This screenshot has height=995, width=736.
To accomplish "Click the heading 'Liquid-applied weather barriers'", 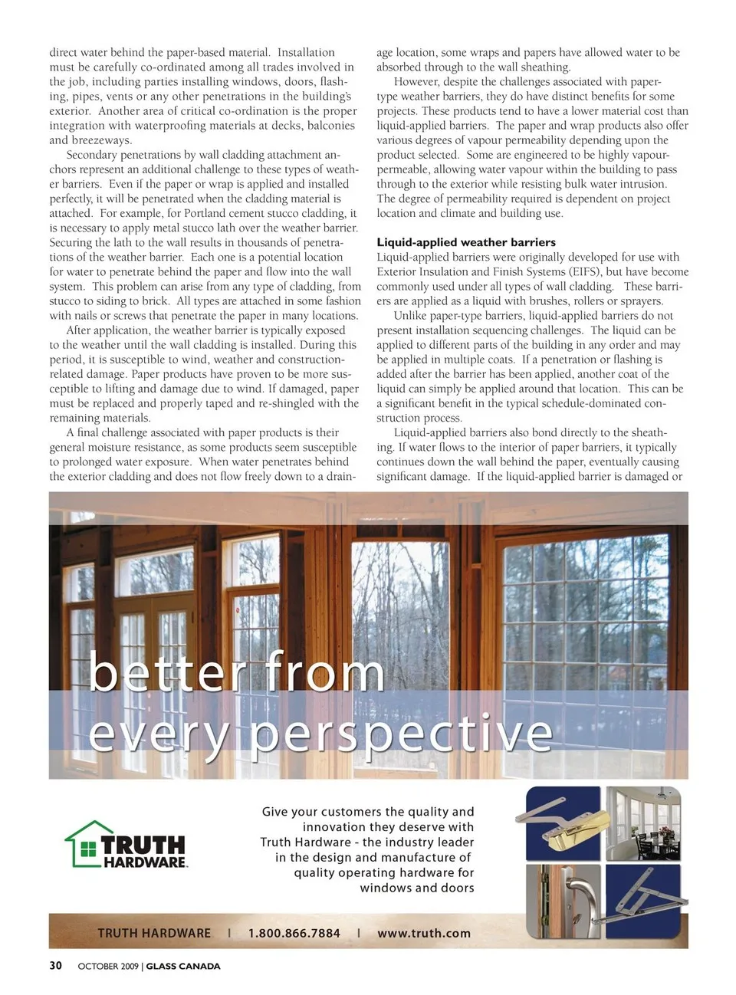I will click(x=466, y=242).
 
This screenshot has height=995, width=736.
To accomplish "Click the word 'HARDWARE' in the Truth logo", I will click(x=146, y=862).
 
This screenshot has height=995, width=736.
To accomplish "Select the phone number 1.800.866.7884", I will click(x=294, y=933).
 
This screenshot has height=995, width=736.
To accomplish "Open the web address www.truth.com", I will click(x=423, y=933).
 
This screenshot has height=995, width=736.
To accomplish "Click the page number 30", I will click(x=56, y=966).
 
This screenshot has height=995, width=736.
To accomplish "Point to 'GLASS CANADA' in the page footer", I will click(x=183, y=967).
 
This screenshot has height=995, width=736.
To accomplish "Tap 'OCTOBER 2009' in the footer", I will click(x=108, y=967).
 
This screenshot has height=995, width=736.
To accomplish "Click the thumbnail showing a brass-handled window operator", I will click(x=563, y=823).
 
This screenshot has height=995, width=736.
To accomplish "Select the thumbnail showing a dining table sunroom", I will click(x=643, y=823).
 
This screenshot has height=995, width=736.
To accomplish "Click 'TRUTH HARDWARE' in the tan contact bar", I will click(x=153, y=933).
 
